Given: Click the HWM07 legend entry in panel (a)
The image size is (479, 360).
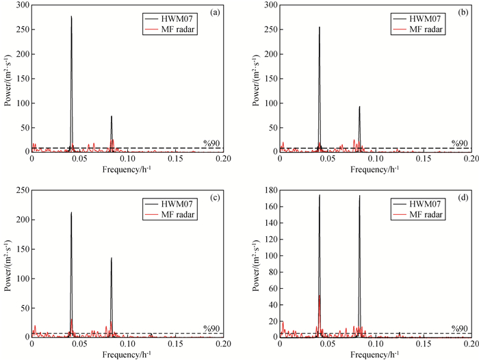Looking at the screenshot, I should pos(179,16).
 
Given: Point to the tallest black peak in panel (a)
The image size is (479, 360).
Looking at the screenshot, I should pos(71,16).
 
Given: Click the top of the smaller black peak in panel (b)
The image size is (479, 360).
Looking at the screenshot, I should pos(359,107).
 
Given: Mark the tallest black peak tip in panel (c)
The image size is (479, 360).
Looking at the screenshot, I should pos(71,212).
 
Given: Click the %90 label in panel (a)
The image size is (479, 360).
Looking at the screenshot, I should pos(211,143).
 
